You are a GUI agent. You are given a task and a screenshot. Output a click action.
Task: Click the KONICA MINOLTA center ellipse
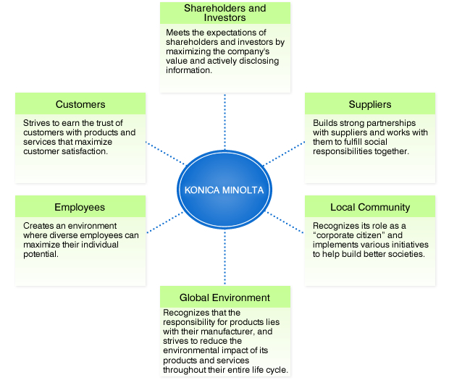tap(224, 190)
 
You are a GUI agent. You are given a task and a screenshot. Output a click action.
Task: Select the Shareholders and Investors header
tap(224, 13)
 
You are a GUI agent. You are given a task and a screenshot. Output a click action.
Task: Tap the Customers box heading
tap(80, 104)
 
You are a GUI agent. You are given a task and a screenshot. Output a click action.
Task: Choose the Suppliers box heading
tap(370, 104)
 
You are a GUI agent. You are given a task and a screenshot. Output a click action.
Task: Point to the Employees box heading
tap(80, 207)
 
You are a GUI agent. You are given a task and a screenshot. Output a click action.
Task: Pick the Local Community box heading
tap(370, 207)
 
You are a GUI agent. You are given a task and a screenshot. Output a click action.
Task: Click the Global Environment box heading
tap(224, 297)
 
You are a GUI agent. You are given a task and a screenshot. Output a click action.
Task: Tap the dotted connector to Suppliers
tap(282, 153)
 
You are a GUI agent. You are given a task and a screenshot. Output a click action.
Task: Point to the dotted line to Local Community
tap(285, 222)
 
